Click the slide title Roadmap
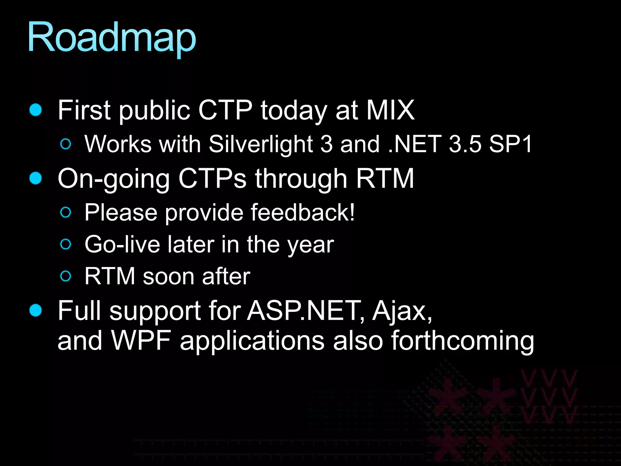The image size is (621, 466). click(x=112, y=38)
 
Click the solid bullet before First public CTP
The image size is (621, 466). click(x=36, y=110)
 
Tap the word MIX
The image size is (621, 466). click(x=390, y=110)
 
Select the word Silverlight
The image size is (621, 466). click(x=261, y=144)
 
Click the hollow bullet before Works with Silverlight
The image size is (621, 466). click(x=66, y=144)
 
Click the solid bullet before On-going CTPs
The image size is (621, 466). click(x=36, y=178)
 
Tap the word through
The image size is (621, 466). click(x=301, y=179)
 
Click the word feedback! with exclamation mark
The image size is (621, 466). click(x=303, y=212)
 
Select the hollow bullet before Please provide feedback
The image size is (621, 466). click(x=66, y=212)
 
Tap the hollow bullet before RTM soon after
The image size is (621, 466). click(x=66, y=276)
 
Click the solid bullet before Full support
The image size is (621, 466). click(x=36, y=310)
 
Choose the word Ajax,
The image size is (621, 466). click(x=402, y=311)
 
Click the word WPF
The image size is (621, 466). click(x=141, y=340)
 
